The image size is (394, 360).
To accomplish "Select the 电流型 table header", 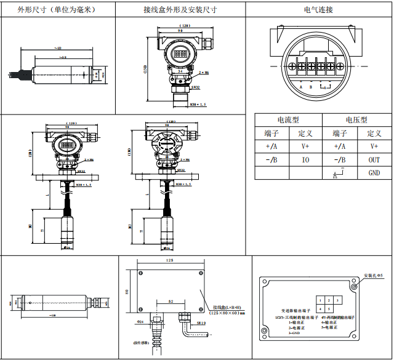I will pos(288,120).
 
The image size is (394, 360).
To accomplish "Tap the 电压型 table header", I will pos(356,120).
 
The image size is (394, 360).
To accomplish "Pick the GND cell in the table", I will pos(374,173).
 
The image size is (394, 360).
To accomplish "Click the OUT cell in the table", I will pos(374,159).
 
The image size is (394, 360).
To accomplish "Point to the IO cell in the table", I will pos(305,159).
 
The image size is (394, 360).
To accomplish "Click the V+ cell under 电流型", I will pos(305,146).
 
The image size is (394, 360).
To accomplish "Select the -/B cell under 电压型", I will pos(340,159).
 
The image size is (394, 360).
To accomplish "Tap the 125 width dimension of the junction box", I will pos(169,261).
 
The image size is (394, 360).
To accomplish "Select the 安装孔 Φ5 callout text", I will pos(374,275).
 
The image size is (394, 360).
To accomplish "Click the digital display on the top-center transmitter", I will pos(180,54).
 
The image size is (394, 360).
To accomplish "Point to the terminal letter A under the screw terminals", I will pos(301,87).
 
